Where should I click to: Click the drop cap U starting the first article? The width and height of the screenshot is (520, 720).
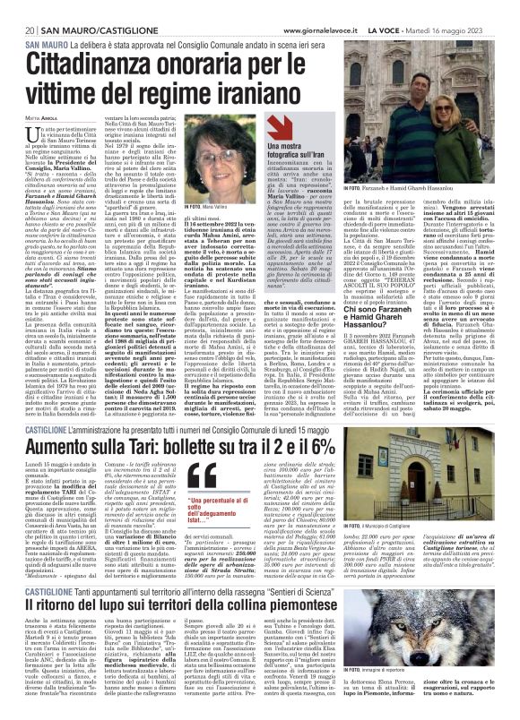(x=30, y=133)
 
